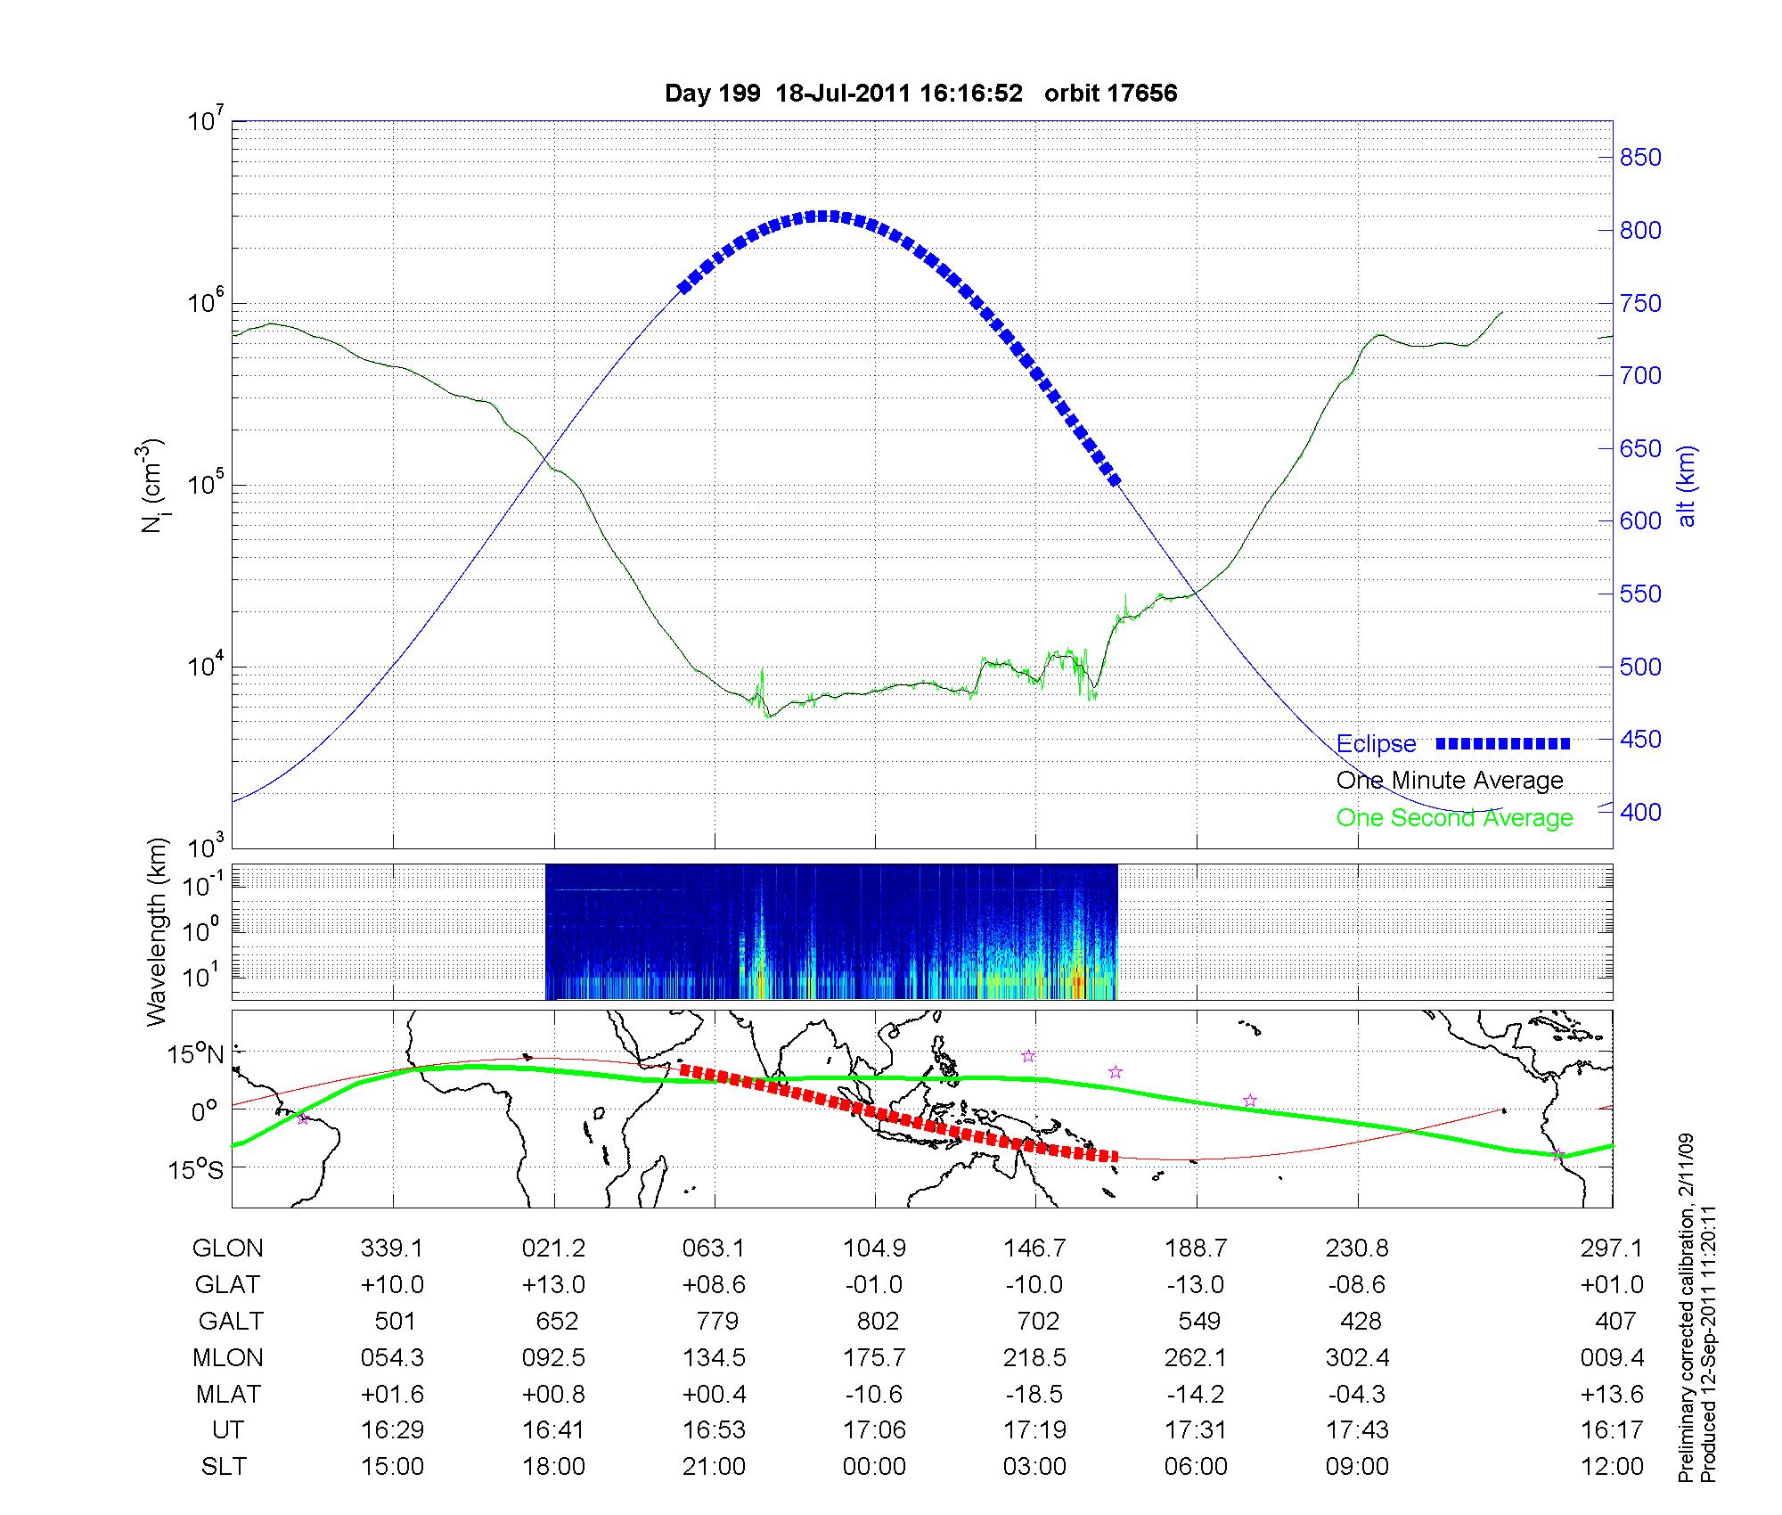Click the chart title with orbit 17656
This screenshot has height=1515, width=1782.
pos(920,94)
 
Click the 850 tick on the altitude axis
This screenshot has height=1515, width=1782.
pos(1639,158)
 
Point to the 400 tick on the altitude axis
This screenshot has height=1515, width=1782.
pos(1639,812)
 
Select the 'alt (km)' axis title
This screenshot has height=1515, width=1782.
pos(1687,486)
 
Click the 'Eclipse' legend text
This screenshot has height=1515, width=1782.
pos(1376,744)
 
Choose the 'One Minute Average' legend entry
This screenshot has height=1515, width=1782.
pos(1450,781)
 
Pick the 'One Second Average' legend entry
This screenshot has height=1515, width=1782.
pos(1454,818)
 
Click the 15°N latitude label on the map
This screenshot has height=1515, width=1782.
pos(196,1055)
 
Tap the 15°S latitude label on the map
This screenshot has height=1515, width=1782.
pos(196,1169)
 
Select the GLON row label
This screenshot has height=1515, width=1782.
pos(227,1249)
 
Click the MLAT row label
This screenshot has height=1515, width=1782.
pos(227,1394)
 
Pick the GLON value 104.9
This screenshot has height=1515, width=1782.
pos(874,1249)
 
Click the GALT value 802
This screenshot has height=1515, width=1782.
pos(877,1321)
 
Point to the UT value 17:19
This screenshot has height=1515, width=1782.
pos(1034,1430)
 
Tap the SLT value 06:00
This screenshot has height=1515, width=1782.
pos(1196,1467)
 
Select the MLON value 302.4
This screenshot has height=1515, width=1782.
pos(1357,1358)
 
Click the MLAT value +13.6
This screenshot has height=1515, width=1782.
pos(1612,1394)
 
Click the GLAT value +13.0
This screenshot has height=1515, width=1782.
pos(553,1285)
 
